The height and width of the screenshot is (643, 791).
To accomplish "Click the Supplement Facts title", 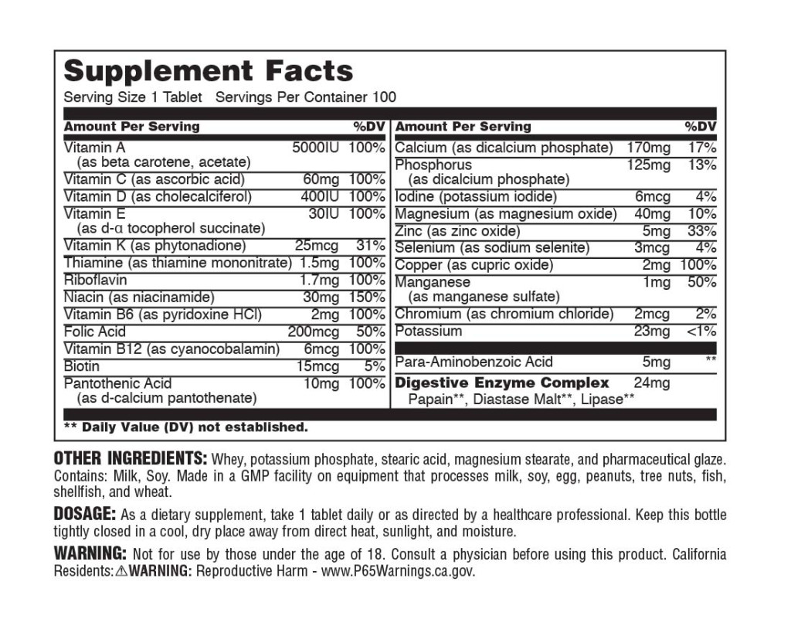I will (208, 71).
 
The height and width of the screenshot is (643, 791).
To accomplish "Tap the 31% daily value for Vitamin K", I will (370, 246).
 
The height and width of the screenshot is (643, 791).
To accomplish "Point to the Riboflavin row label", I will (95, 280).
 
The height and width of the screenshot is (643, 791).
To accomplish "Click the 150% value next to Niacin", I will (367, 298).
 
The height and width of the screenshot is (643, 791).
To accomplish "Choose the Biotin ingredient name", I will (81, 366).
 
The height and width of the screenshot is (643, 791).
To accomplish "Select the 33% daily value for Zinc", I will (701, 231).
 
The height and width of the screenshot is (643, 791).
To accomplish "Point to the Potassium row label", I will (428, 332).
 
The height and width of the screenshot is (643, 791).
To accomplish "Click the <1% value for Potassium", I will (699, 332).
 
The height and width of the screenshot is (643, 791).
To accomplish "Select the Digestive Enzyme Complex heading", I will (502, 383).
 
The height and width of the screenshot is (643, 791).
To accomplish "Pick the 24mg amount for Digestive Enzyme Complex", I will (651, 383).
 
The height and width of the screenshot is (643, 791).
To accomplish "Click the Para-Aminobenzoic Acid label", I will (474, 362).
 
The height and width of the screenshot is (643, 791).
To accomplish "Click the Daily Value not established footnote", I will (185, 427).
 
